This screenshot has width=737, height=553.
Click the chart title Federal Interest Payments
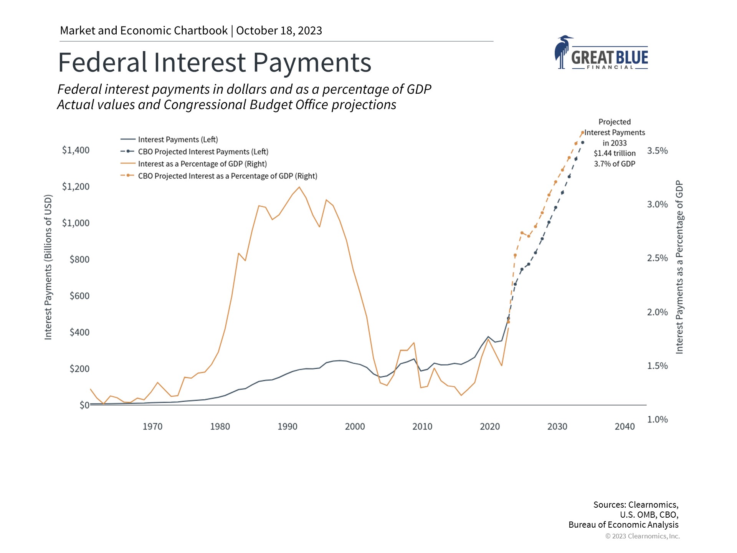[214, 63]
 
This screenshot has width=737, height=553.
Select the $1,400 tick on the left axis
[76, 150]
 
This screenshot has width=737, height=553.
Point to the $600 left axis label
[79, 296]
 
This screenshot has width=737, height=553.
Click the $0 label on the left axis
[84, 405]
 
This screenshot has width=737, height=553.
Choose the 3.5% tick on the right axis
[657, 151]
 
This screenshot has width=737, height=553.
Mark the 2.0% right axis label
[657, 312]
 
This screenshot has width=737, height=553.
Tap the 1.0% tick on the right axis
[657, 419]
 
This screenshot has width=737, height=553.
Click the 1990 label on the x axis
[287, 427]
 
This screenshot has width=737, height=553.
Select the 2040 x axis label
[625, 427]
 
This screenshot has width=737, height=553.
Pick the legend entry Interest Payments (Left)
[178, 139]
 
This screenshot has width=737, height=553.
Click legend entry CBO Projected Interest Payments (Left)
[203, 152]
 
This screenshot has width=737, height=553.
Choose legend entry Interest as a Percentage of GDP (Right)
[202, 164]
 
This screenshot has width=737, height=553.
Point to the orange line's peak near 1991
[299, 187]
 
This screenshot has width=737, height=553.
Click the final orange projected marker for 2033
[582, 132]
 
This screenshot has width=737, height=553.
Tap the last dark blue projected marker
[582, 142]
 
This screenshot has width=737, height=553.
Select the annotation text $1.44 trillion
[615, 153]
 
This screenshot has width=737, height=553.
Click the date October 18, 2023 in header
[279, 31]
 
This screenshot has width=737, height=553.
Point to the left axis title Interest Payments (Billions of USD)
[48, 267]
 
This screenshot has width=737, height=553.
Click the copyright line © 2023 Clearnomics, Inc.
[642, 536]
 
